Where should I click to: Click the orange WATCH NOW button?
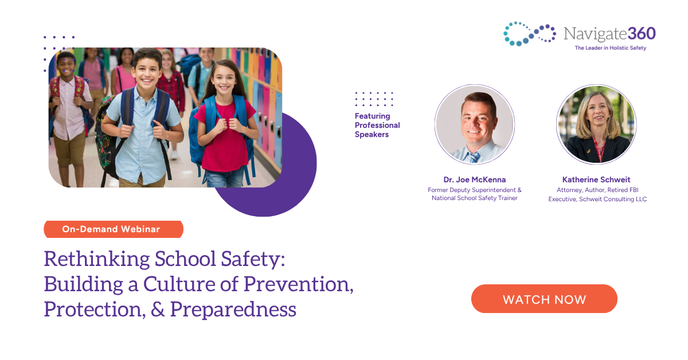click(x=544, y=299)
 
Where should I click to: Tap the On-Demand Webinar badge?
click(x=113, y=229)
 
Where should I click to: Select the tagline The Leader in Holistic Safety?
click(x=610, y=48)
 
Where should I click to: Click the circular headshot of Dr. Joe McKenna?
click(x=475, y=124)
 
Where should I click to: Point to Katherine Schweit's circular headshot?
click(x=596, y=124)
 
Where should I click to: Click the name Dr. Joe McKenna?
click(x=474, y=179)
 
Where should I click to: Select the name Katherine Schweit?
click(x=597, y=179)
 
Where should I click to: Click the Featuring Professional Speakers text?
click(x=377, y=126)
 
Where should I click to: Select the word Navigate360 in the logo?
click(x=609, y=33)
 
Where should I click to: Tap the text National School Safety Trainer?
click(x=474, y=198)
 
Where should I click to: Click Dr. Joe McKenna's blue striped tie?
click(x=475, y=156)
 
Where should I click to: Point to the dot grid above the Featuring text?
click(x=374, y=99)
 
